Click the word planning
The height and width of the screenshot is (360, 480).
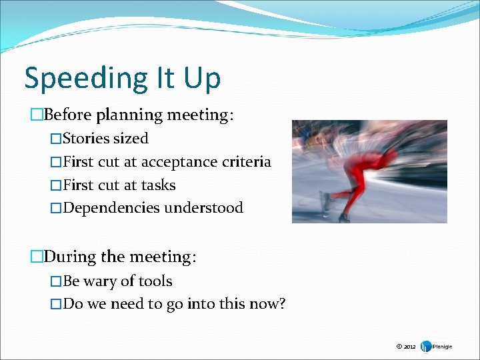coord(129,115)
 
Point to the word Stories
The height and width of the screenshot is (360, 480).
coord(86,139)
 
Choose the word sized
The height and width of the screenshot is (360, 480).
coord(131,139)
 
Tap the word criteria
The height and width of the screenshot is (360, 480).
coord(249,161)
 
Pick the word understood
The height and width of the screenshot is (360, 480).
coord(204,208)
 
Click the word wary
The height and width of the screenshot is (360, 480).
coord(99,281)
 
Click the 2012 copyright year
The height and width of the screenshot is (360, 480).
coord(409,347)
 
